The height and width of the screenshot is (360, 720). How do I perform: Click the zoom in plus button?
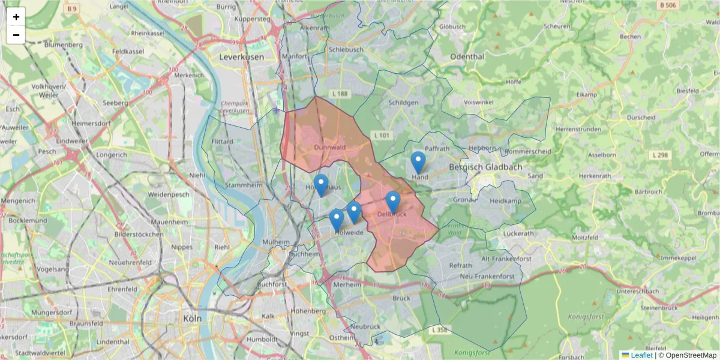click(16, 17)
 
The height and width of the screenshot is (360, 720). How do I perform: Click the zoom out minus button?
click(16, 35)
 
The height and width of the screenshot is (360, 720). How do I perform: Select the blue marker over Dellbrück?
click(393, 202)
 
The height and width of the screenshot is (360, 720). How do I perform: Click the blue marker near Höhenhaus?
click(321, 185)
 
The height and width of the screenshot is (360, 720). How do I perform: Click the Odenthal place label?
click(466, 56)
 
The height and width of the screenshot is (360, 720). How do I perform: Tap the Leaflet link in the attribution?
click(641, 355)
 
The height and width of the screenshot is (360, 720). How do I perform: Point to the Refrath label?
click(460, 265)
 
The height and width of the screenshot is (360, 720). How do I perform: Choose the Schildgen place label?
click(404, 103)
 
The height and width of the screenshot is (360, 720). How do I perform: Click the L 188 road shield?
click(340, 94)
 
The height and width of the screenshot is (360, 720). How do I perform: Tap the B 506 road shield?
click(668, 5)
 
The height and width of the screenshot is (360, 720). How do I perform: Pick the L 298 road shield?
click(659, 155)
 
